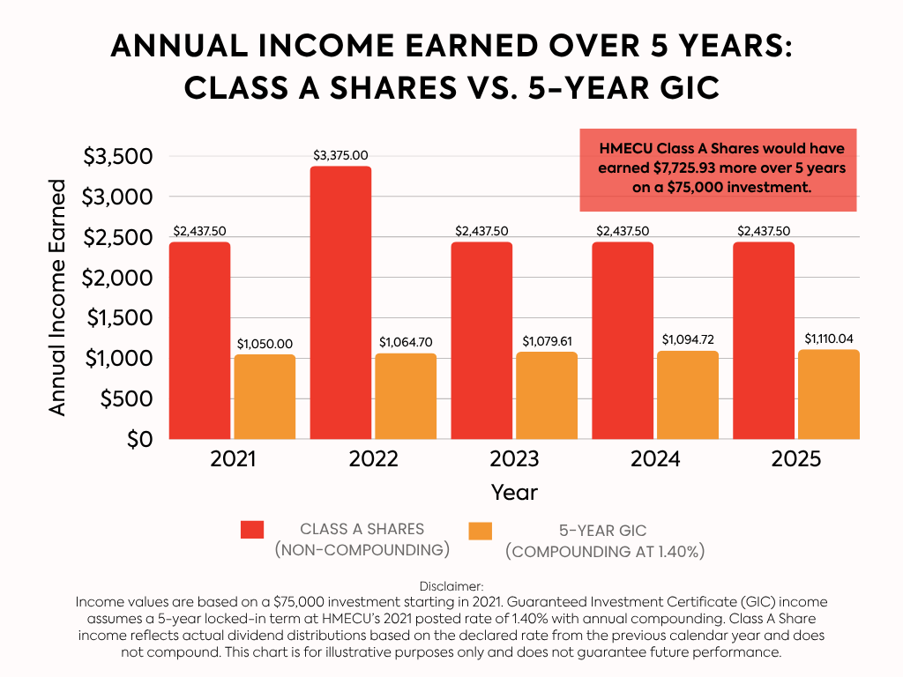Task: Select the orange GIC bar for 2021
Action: (x=265, y=397)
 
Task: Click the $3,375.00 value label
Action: (x=340, y=155)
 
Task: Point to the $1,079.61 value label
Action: (x=547, y=341)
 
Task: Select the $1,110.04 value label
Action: (x=829, y=338)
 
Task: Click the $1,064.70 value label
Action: (x=406, y=342)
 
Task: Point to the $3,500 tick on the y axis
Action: (x=117, y=157)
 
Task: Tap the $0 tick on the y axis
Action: (x=140, y=439)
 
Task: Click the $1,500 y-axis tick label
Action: (x=117, y=318)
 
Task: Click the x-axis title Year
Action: (x=514, y=491)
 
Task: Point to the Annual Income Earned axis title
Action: (x=58, y=298)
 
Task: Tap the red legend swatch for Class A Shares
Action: (x=252, y=529)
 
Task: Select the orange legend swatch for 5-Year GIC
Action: (x=481, y=531)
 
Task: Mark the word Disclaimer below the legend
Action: (x=451, y=585)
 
